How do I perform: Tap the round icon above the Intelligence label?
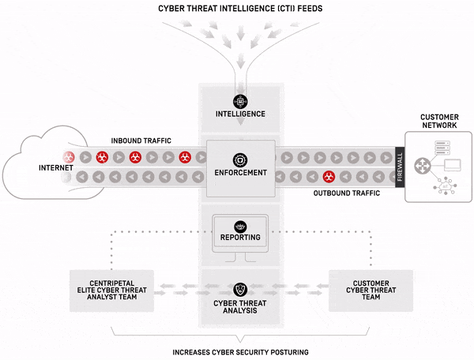pos(240,101)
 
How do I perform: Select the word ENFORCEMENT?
pos(239,171)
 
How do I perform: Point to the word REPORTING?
pos(240,237)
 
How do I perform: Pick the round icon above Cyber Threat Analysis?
pos(240,289)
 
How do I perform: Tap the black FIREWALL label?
pos(400,167)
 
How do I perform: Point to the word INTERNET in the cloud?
pos(56,168)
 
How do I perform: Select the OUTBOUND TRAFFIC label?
pos(347,193)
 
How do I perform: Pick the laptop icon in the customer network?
pos(453,167)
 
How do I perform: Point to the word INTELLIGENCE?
pos(240,114)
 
